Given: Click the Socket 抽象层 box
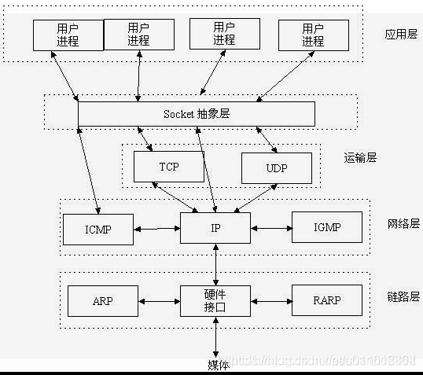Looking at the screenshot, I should coord(196,114).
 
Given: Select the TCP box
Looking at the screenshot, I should coord(169,167).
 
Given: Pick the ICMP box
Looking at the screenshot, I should coord(97,229).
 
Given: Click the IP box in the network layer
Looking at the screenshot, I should coord(215,228).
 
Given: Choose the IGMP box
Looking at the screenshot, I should coord(327,228).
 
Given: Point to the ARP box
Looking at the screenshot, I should coord(103,300).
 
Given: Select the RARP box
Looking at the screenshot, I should coord(327,300).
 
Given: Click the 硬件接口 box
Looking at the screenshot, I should coord(215,300).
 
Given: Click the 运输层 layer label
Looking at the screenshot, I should coord(361,157).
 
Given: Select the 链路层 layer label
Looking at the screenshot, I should coord(403,296).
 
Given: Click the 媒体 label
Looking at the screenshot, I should coord(218,364).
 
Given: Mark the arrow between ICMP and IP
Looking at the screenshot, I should coord(156,230).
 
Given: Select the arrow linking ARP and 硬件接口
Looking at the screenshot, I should coord(160,301).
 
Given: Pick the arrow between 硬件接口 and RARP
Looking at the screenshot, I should coord(270,301).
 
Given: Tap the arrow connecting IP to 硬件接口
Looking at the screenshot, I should coord(215,264).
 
